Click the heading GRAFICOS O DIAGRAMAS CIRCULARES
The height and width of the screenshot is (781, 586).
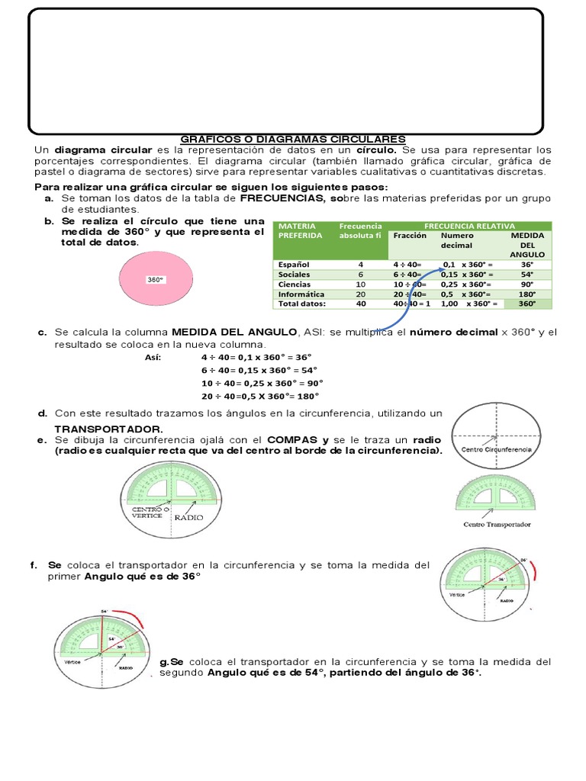click(x=293, y=140)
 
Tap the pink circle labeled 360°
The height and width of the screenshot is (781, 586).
click(x=156, y=279)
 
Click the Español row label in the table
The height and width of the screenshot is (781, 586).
click(x=295, y=264)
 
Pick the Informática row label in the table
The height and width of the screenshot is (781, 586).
click(x=301, y=294)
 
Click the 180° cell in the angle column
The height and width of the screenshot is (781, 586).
click(x=526, y=294)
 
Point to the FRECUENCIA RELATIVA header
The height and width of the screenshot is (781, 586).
click(x=468, y=226)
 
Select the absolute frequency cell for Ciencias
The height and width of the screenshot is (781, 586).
click(x=360, y=284)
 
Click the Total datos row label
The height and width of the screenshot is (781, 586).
click(x=302, y=304)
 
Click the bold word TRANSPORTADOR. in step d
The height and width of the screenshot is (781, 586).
click(x=108, y=429)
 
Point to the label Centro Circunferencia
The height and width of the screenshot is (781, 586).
click(x=497, y=450)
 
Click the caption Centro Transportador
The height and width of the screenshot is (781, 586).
click(x=497, y=524)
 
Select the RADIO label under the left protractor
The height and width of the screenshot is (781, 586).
click(x=190, y=516)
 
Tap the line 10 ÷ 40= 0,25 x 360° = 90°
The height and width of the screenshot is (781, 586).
click(x=262, y=383)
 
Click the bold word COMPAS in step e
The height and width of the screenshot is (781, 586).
click(x=293, y=440)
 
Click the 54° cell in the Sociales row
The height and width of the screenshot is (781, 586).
click(x=526, y=274)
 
